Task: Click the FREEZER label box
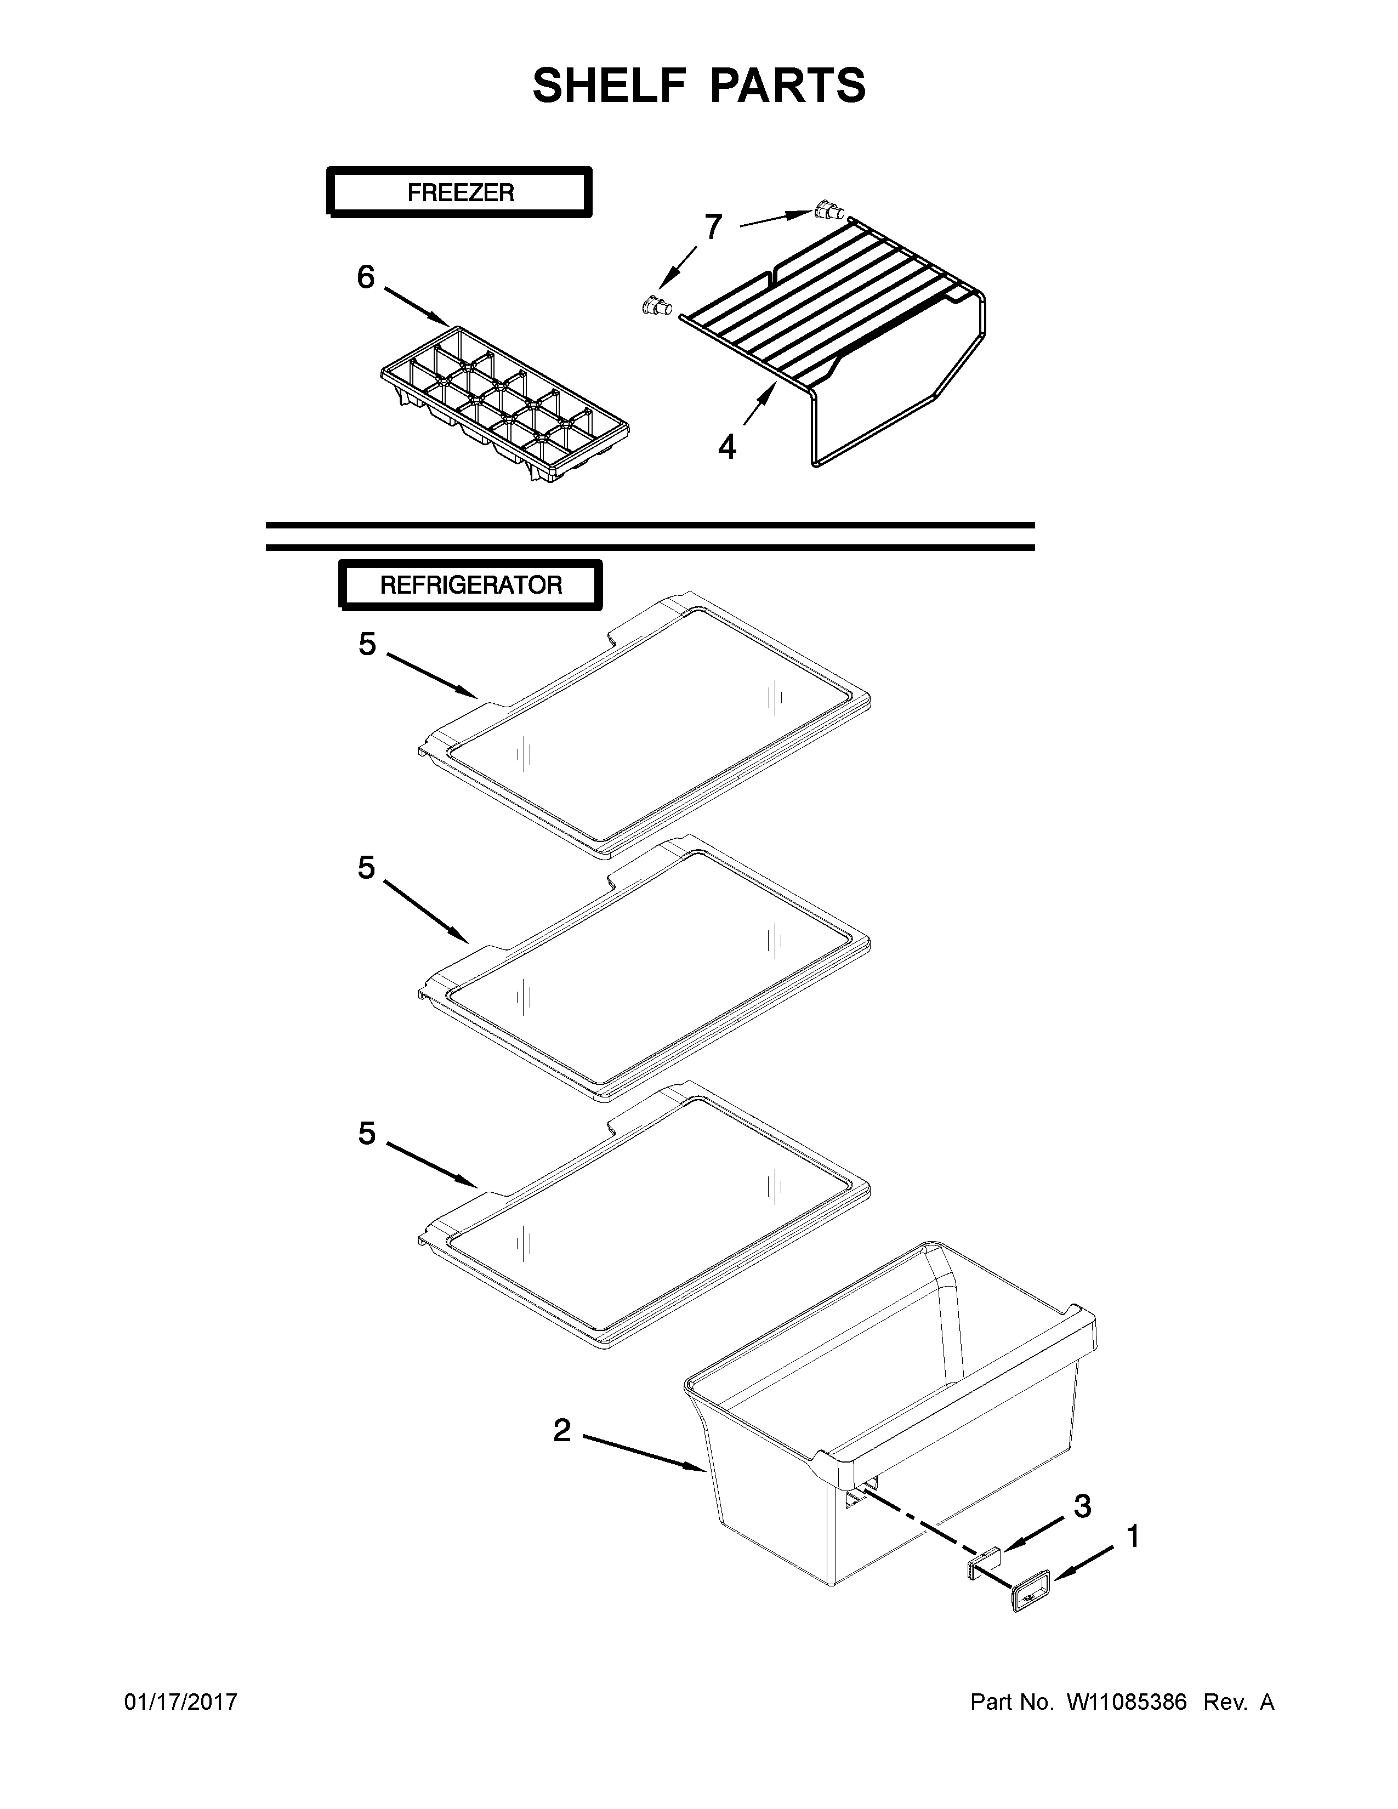click(459, 192)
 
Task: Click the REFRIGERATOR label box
click(470, 585)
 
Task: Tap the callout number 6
click(365, 277)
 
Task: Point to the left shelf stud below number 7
click(657, 306)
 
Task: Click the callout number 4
click(726, 447)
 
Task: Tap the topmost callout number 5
click(367, 644)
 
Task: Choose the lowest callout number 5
click(367, 1133)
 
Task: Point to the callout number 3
click(1082, 1506)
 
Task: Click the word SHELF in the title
click(609, 86)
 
